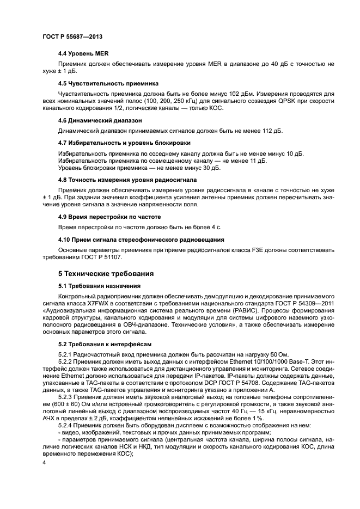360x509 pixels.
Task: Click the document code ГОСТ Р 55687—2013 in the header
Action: coord(72,36)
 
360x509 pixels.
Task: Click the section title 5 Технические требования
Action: coord(106,273)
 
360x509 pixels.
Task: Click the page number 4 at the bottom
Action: coord(44,463)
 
